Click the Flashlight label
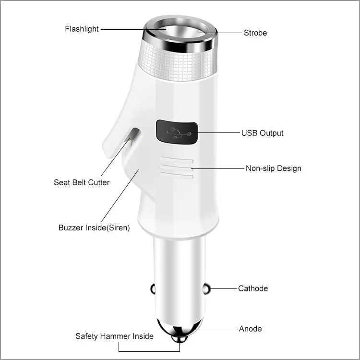82,29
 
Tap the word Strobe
255,33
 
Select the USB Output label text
262,133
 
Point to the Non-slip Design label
274,168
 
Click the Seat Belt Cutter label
82,182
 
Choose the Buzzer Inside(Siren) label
94,228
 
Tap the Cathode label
253,288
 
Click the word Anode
251,329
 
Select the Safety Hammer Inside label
114,336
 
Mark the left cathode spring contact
153,289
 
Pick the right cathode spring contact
207,289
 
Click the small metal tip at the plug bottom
181,340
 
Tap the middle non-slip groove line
177,169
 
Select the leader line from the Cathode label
223,289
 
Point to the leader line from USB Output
218,132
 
